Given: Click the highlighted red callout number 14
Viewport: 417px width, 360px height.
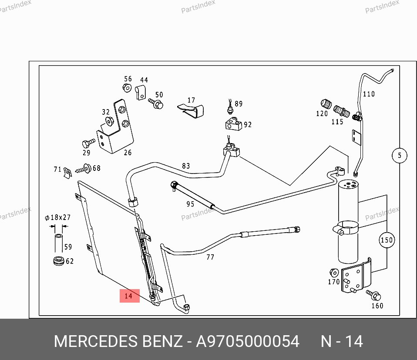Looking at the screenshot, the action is (x=130, y=296).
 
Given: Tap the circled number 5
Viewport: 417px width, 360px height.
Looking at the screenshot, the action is (x=400, y=155).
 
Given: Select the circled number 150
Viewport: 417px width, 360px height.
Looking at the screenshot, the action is (x=387, y=240).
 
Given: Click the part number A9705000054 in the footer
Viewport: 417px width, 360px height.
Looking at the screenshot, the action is (x=248, y=341).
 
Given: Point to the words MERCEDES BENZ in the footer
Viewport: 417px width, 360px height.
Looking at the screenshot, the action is (x=118, y=341).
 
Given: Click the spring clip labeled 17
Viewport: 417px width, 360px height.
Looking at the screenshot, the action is (x=191, y=111).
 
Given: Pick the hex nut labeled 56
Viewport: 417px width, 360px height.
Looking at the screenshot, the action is (x=127, y=87).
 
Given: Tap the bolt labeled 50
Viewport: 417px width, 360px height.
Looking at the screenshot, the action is (x=156, y=103).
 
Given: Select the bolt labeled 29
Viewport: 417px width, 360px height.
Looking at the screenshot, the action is (x=88, y=143).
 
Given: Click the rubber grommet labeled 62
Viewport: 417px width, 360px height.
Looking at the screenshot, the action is (x=58, y=260).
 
